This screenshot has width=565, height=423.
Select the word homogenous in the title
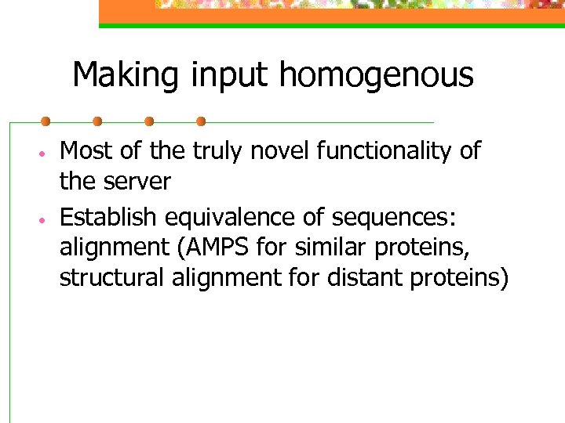point(376,76)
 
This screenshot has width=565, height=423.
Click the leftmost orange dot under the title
point(46,121)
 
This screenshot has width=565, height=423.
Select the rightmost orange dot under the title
point(201,121)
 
